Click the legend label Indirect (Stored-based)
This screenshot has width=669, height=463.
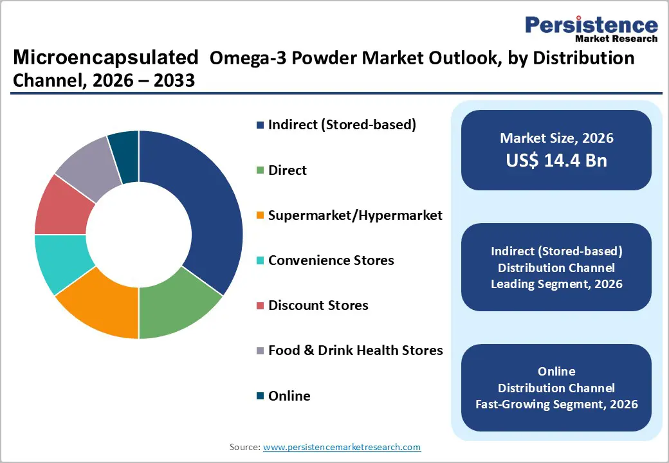tap(342, 125)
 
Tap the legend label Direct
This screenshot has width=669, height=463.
tap(288, 170)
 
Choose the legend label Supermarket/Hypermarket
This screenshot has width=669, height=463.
tap(355, 215)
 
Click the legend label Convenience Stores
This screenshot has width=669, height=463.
tap(331, 260)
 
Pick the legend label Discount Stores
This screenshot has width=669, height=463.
tap(318, 305)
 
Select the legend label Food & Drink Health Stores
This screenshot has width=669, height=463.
tap(355, 350)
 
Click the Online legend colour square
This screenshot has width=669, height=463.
tap(260, 396)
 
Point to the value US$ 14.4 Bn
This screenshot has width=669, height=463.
tap(556, 160)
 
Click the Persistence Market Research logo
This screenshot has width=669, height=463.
tap(591, 29)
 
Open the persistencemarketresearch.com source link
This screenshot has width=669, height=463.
tap(342, 447)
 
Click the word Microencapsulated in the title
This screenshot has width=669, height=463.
tap(105, 58)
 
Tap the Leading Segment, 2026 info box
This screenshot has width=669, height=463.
tap(556, 268)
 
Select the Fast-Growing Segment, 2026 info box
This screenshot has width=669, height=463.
tap(556, 388)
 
